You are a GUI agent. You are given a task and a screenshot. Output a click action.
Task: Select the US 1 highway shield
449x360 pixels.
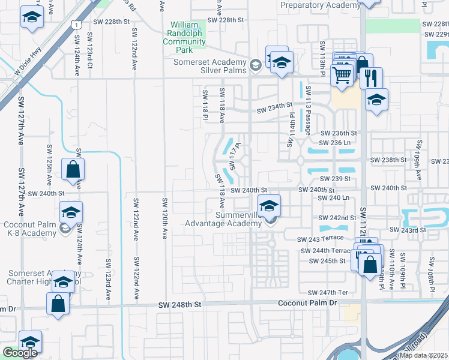(74, 24)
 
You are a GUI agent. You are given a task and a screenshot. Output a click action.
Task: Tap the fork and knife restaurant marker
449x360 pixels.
(371, 77)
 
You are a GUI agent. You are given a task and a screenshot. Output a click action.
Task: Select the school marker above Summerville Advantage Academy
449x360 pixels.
(270, 206)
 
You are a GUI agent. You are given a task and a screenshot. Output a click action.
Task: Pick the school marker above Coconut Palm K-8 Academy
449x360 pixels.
(71, 212)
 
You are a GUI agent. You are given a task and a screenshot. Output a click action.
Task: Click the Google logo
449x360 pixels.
(20, 353)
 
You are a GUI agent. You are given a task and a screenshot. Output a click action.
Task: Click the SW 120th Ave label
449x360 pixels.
(164, 217)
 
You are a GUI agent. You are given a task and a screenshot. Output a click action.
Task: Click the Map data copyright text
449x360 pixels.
(423, 355)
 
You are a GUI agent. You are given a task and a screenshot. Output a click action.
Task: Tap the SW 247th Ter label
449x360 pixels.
(328, 292)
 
